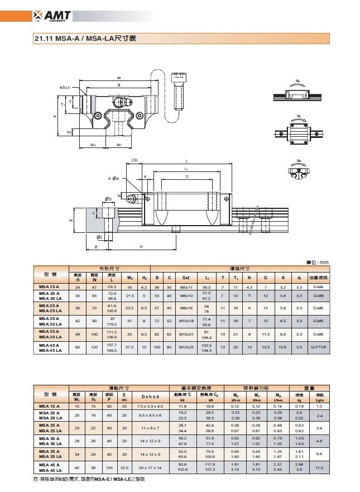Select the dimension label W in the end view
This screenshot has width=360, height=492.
[x=119, y=78]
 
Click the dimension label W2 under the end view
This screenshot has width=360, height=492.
[x=93, y=145]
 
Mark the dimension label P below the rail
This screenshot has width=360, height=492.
[x=141, y=246]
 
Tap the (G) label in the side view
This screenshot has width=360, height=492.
[x=135, y=160]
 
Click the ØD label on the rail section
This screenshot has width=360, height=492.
[x=107, y=198]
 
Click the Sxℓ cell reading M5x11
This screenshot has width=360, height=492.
[x=185, y=286]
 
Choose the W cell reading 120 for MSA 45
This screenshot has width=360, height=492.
[x=94, y=347]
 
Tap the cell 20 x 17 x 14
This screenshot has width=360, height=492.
[x=150, y=466]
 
